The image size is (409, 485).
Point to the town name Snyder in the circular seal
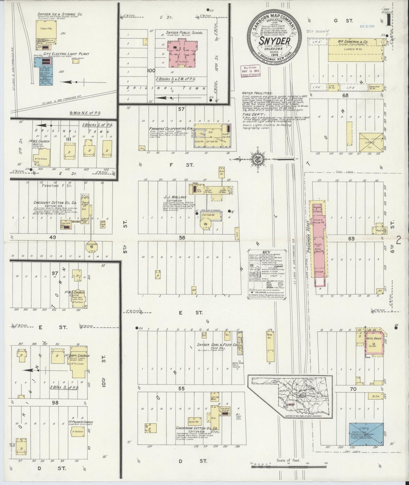(x=274, y=41)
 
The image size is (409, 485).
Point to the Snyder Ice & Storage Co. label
(x=60, y=14)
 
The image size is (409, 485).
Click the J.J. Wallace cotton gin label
(x=175, y=197)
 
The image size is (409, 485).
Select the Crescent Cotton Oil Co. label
(x=55, y=203)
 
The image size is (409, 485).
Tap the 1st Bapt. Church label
(x=80, y=356)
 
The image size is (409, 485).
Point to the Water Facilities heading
(x=257, y=93)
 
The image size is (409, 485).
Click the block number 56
(x=182, y=238)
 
